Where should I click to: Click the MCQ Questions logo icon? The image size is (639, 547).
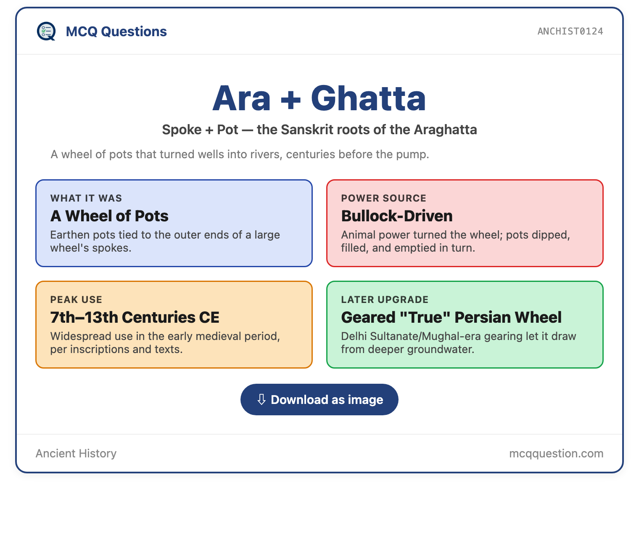[46, 31]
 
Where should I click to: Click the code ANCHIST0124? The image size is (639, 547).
[570, 31]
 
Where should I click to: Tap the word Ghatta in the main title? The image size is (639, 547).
[368, 98]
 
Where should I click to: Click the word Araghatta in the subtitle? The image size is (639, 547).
[445, 130]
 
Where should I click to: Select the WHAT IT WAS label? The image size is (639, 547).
[86, 198]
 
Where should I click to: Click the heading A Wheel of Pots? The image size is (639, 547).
[109, 215]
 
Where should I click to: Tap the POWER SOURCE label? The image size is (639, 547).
[384, 198]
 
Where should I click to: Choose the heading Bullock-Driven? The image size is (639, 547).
[396, 215]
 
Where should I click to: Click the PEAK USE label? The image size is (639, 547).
[76, 300]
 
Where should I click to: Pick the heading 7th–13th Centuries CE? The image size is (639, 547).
[135, 317]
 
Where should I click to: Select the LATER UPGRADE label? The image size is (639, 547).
[385, 300]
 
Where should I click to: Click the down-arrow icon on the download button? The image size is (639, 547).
[261, 399]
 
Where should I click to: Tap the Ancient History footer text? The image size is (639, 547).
[76, 453]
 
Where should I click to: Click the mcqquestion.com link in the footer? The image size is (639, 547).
[556, 454]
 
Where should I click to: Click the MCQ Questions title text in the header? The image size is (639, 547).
[116, 32]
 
